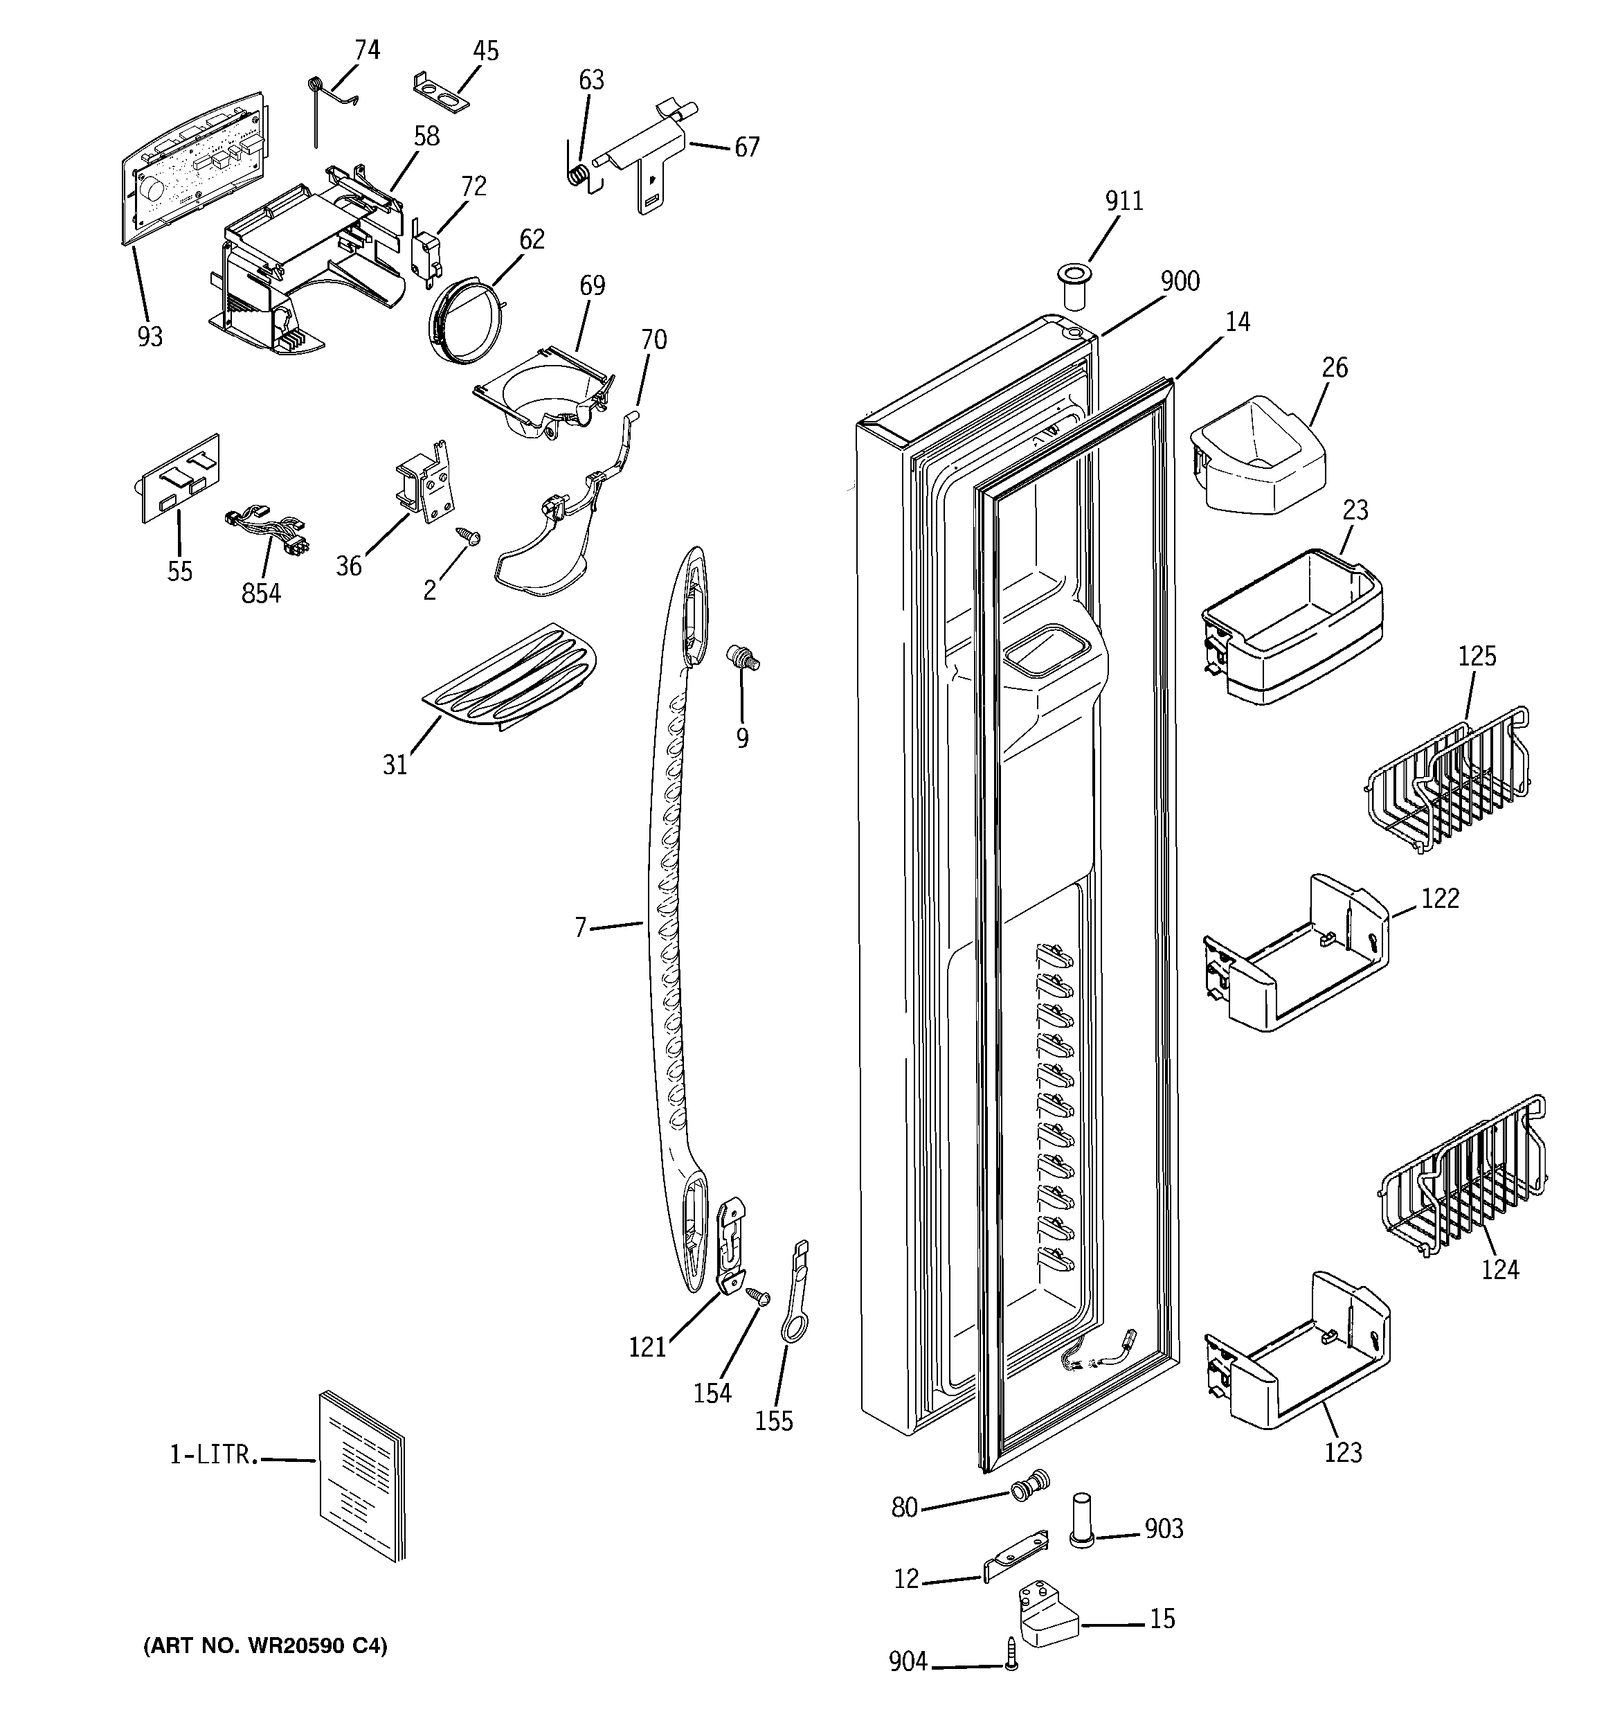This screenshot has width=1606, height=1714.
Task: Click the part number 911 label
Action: click(x=1124, y=201)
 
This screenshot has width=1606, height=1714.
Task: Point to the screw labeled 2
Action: click(x=471, y=537)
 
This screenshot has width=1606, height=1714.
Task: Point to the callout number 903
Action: click(x=1164, y=1528)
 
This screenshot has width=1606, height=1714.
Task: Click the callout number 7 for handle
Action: click(x=580, y=928)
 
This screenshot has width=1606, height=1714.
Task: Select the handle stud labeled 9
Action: click(x=741, y=658)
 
